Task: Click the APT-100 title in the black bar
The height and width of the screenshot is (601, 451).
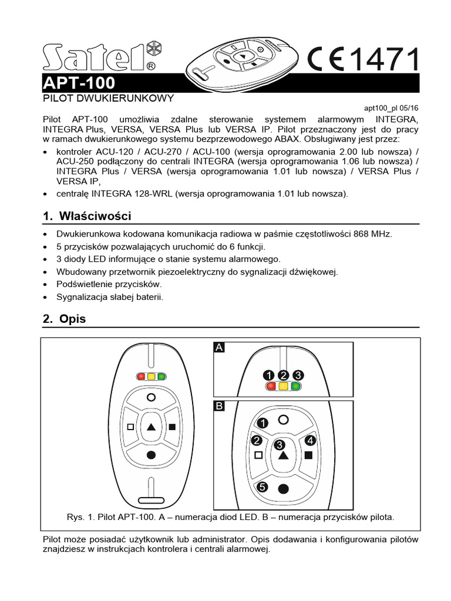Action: click(79, 83)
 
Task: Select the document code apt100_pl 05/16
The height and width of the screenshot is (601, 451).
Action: click(391, 108)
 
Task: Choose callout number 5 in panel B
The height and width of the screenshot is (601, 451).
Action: click(262, 487)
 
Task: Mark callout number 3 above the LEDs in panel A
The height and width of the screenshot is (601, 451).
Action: click(298, 375)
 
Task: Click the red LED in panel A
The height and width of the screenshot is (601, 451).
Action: click(271, 386)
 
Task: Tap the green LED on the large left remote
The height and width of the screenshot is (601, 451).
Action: click(161, 376)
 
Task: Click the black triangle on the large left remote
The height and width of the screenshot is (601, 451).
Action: click(152, 427)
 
